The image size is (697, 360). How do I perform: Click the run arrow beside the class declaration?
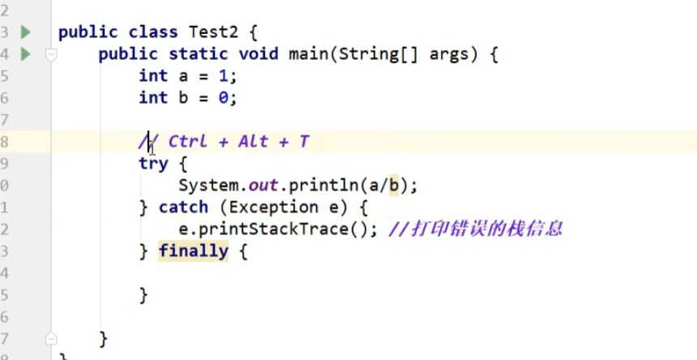pos(26,32)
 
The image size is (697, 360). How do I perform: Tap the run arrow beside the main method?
pos(26,54)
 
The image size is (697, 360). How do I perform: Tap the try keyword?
pos(153,164)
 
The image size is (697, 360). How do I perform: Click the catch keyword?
pos(183,208)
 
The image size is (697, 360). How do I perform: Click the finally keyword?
pos(193,251)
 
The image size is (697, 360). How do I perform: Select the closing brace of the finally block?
pos(143,295)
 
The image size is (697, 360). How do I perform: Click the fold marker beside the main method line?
pos(51,55)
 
